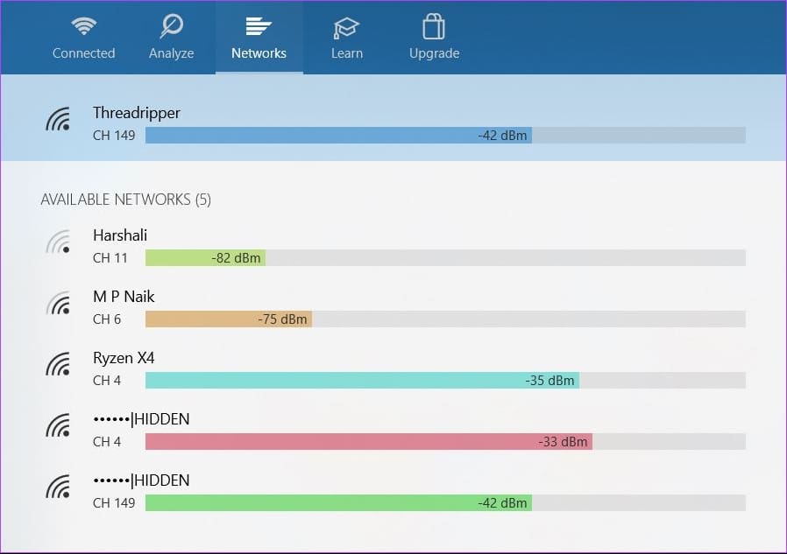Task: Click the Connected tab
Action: pyautogui.click(x=83, y=38)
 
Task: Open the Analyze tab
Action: pyautogui.click(x=171, y=38)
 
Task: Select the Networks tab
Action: pyautogui.click(x=259, y=38)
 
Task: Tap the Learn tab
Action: pyautogui.click(x=346, y=38)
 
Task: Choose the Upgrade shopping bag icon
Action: pyautogui.click(x=434, y=26)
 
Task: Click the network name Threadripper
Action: pyautogui.click(x=137, y=113)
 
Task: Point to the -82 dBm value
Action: pyautogui.click(x=236, y=258)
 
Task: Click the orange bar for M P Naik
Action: pyautogui.click(x=229, y=319)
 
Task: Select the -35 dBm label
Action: pyautogui.click(x=549, y=381)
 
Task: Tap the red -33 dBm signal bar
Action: pyautogui.click(x=369, y=442)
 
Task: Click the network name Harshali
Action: pyautogui.click(x=120, y=235)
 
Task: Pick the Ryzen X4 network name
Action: pyautogui.click(x=124, y=358)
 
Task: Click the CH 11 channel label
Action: pyautogui.click(x=110, y=258)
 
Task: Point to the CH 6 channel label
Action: pyautogui.click(x=107, y=319)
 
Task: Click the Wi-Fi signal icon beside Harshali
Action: pyautogui.click(x=58, y=242)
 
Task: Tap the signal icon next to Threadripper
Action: pyautogui.click(x=58, y=119)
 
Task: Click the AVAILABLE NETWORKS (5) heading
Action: pyautogui.click(x=125, y=200)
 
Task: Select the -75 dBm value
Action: pyautogui.click(x=282, y=319)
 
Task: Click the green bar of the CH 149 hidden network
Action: pyautogui.click(x=339, y=503)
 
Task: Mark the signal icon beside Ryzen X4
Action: pyautogui.click(x=58, y=364)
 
